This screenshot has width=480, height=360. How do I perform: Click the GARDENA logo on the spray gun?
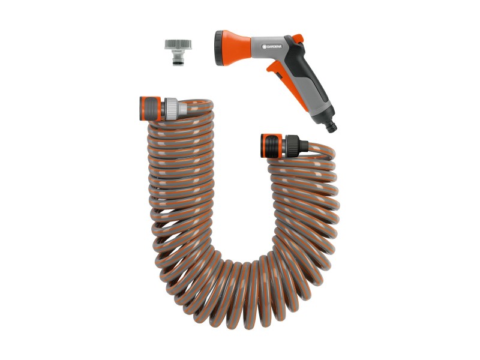point(272,47)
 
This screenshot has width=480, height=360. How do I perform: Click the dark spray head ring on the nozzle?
point(219,48)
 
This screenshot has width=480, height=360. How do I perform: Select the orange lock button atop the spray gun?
point(298,39)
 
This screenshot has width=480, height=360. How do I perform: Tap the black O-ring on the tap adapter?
point(178,64)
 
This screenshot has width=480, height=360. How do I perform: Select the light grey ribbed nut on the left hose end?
point(171,109)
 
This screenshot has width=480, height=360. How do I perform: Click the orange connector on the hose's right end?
point(271,146)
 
